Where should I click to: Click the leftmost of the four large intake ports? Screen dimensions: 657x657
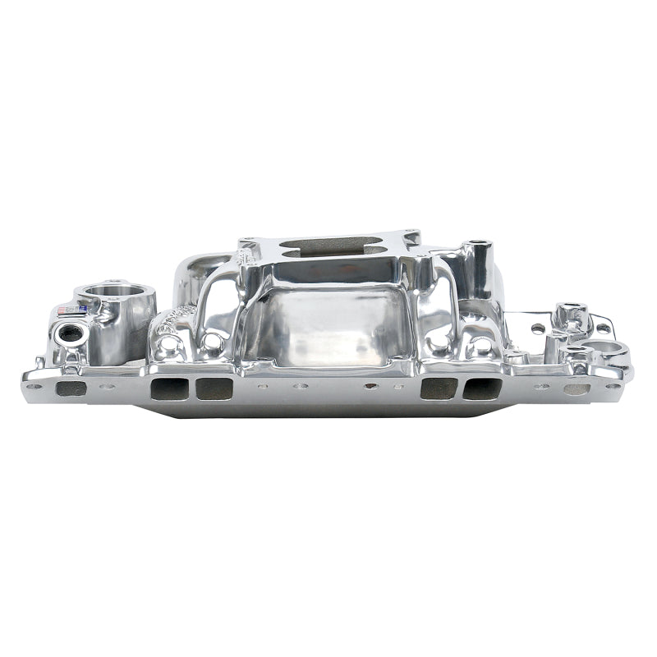(x=167, y=388)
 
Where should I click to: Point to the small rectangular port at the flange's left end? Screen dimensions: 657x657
(x=71, y=388)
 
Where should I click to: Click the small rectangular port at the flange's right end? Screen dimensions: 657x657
(x=577, y=388)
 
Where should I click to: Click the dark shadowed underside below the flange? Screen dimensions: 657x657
(x=328, y=408)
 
